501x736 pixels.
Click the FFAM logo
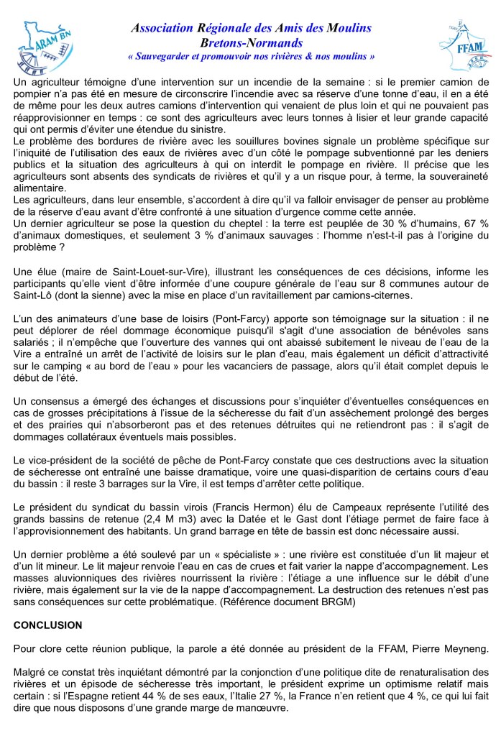[x=462, y=46]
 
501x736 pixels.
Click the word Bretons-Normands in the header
[x=251, y=42]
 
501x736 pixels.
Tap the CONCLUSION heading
[x=47, y=625]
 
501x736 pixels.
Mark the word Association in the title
[x=162, y=28]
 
